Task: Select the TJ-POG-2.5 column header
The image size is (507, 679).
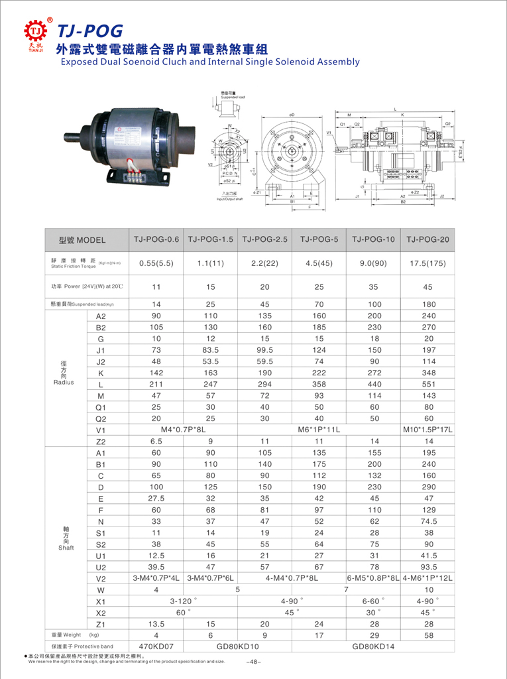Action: click(x=264, y=239)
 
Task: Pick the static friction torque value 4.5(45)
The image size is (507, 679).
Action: click(x=319, y=263)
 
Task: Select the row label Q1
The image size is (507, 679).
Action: click(x=101, y=406)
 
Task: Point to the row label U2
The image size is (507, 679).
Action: click(x=101, y=567)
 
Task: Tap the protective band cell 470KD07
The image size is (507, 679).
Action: click(x=156, y=646)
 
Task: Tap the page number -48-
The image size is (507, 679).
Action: click(x=253, y=662)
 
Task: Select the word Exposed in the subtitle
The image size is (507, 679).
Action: click(x=78, y=62)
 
